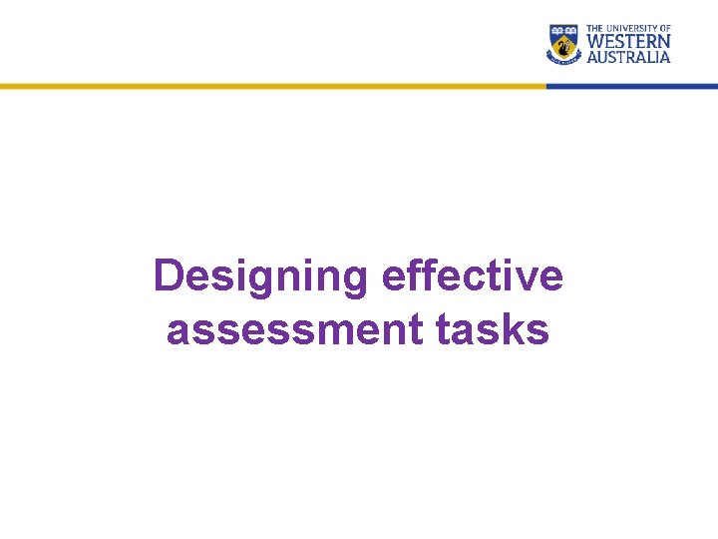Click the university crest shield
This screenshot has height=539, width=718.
click(x=564, y=44)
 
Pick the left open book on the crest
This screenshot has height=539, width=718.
click(x=557, y=31)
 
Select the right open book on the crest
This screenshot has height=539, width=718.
click(x=571, y=31)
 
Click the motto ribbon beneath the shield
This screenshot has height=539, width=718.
click(x=564, y=61)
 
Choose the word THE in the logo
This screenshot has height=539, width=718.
click(x=595, y=29)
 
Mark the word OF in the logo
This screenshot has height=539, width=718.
click(x=664, y=29)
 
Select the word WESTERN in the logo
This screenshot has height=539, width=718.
click(x=628, y=42)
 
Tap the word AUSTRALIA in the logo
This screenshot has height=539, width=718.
click(x=628, y=57)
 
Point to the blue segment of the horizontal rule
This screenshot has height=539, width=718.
click(x=632, y=87)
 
